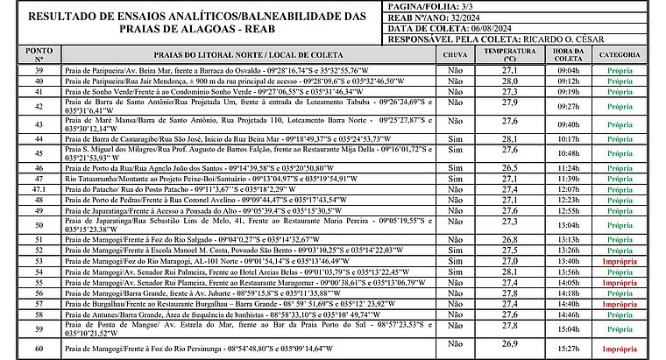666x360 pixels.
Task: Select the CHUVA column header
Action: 455,54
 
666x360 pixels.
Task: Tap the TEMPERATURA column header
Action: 509,54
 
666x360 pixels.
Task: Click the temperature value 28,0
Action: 509,80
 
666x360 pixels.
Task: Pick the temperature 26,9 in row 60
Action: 509,343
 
